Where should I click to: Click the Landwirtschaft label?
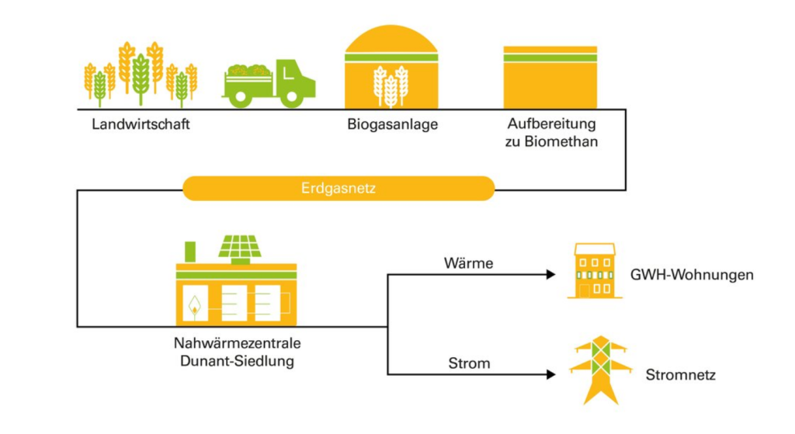[141, 124]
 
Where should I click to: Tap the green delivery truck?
[269, 84]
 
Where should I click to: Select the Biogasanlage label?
[392, 125]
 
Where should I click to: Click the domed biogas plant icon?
[391, 67]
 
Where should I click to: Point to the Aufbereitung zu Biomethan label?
[551, 132]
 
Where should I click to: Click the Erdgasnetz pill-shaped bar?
[338, 189]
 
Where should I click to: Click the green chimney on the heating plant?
[190, 252]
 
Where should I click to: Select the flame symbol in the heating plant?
[194, 306]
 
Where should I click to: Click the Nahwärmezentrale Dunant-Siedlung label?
[238, 352]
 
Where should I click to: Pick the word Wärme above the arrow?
[468, 263]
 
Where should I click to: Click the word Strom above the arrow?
[469, 363]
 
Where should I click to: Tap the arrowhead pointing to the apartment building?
[551, 274]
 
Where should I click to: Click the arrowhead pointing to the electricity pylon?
[551, 375]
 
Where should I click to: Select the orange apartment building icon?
[595, 271]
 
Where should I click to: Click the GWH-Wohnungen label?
[692, 275]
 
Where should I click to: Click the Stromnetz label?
[680, 375]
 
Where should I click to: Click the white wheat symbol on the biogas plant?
[391, 86]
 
